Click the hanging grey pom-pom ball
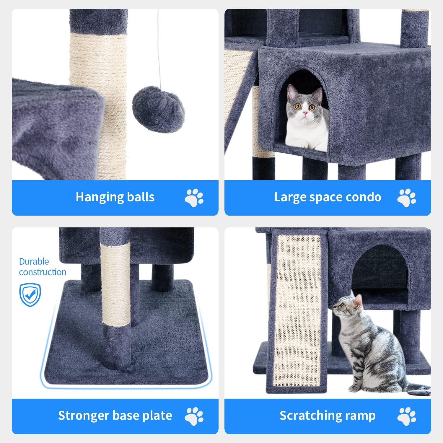(158, 109)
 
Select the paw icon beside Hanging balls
(194, 197)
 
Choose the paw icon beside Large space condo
(406, 197)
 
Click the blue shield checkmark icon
(30, 295)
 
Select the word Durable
(34, 261)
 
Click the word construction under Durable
(43, 272)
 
